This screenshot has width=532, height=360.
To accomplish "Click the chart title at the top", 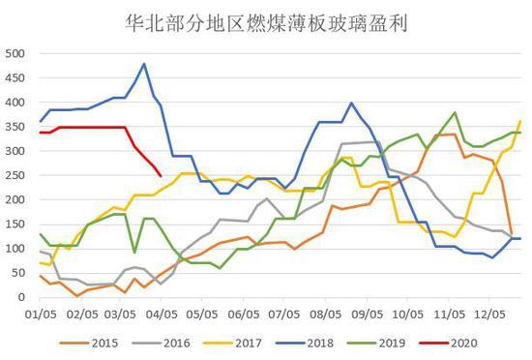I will click(265, 21).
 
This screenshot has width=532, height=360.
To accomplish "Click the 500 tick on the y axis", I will click(16, 53).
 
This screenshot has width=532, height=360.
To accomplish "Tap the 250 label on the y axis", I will click(16, 175).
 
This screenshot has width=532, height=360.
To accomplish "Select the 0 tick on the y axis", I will click(24, 297).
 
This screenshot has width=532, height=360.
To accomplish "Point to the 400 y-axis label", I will click(16, 102).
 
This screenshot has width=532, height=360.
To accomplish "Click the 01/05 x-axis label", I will click(39, 315).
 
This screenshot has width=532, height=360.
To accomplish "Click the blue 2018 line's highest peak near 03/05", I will click(144, 64).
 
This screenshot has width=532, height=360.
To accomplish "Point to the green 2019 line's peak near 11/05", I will click(455, 112).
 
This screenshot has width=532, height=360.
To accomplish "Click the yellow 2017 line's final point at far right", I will click(520, 121).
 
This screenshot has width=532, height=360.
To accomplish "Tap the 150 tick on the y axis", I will click(16, 224).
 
